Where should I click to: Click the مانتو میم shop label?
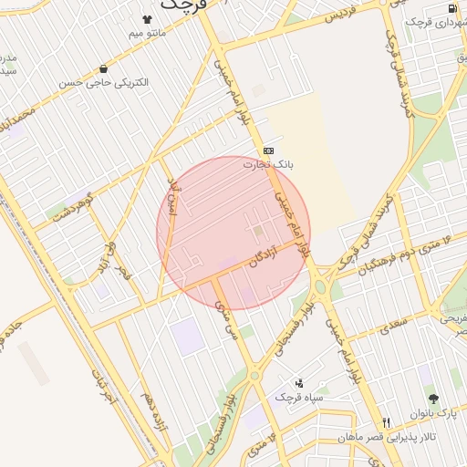pos(147,35)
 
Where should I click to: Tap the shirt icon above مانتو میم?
pos(147,18)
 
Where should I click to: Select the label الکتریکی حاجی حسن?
pos(105,83)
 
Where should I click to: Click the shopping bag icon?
pos(105,68)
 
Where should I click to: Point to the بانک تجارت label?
pos(267,165)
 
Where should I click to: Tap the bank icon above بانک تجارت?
pos(268,150)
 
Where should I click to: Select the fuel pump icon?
pos(453,9)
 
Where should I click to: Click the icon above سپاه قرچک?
pos(298,383)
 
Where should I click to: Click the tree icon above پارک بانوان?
pos(432,400)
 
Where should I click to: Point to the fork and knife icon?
pos(386,423)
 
